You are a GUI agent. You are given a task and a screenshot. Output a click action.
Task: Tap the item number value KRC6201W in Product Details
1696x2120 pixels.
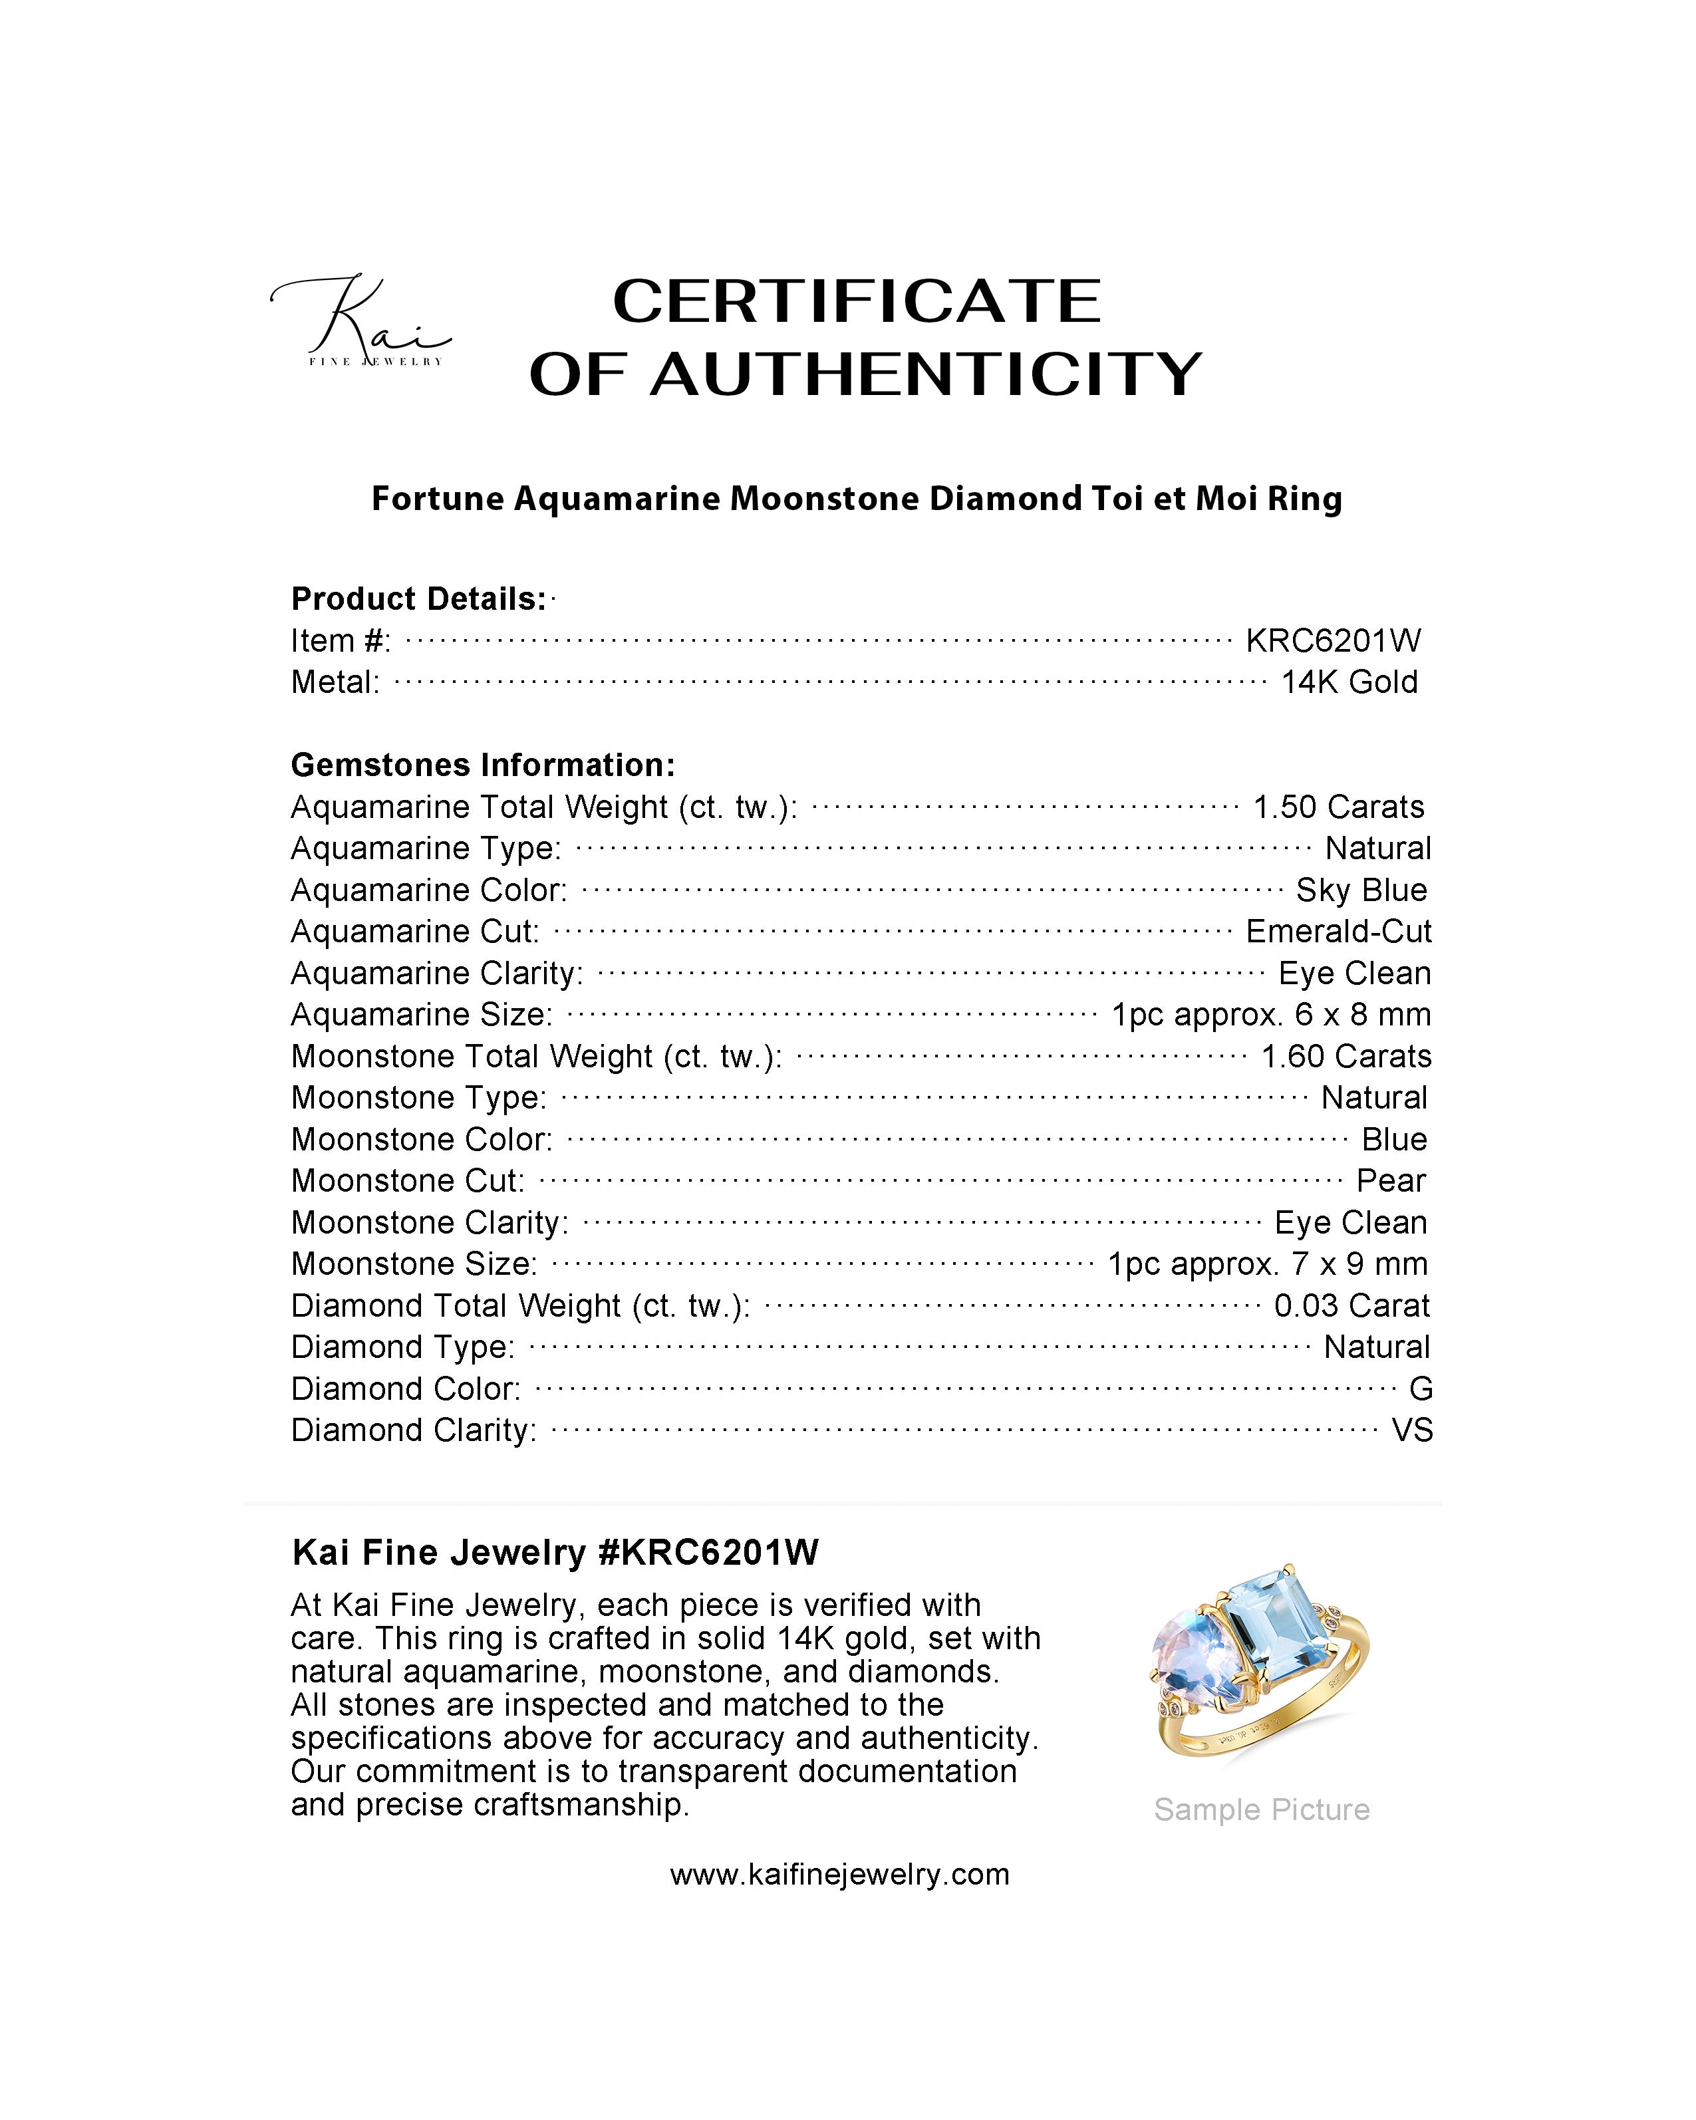click(x=1332, y=641)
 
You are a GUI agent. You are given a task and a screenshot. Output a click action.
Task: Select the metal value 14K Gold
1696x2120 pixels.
click(x=1349, y=682)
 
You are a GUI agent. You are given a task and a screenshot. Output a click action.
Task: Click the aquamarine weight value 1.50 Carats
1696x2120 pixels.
click(x=1338, y=807)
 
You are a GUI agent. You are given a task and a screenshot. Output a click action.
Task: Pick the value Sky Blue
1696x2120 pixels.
click(x=1361, y=890)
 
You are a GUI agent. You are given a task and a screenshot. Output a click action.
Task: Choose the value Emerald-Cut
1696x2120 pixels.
click(x=1338, y=931)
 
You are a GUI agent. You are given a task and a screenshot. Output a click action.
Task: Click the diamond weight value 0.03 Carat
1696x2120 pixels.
click(x=1351, y=1306)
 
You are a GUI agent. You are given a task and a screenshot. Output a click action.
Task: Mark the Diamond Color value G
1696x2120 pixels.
click(x=1420, y=1389)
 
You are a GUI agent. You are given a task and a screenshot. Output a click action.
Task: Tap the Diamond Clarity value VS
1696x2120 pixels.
click(x=1412, y=1430)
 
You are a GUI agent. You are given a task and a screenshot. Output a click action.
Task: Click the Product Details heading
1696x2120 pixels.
click(x=419, y=599)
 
